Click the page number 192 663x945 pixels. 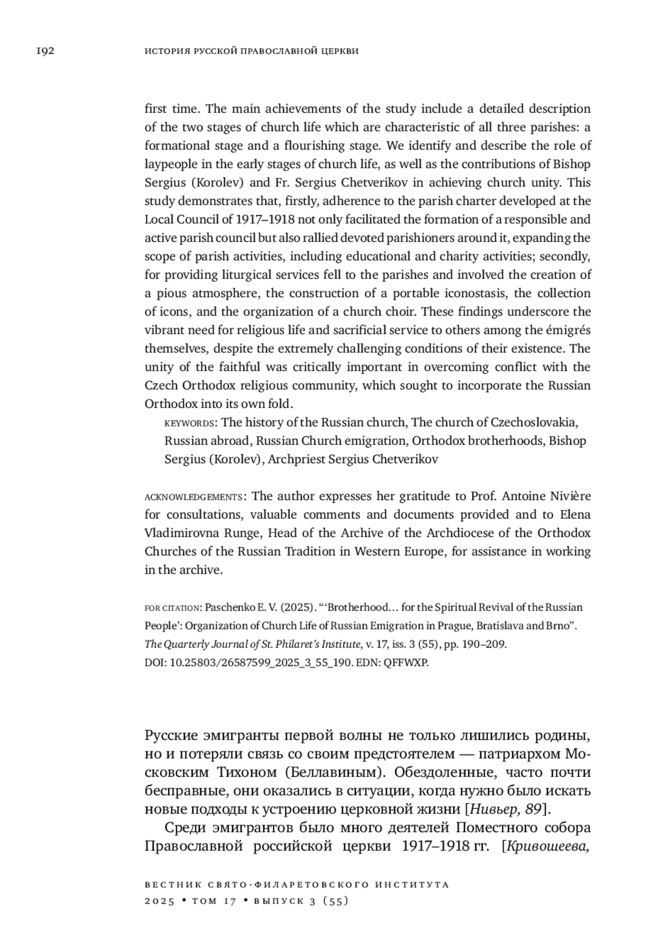click(45, 51)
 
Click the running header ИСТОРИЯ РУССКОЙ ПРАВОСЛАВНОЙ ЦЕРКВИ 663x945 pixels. click(251, 51)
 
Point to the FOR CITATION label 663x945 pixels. click(172, 608)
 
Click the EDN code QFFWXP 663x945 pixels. click(409, 663)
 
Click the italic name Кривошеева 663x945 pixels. click(548, 846)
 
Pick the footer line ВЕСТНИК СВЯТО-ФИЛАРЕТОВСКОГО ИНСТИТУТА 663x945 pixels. click(297, 884)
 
